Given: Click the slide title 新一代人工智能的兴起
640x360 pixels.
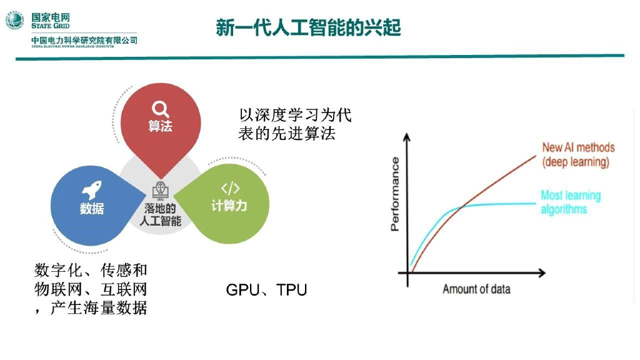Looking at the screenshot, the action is [308, 27].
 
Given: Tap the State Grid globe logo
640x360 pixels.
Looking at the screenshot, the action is [14, 20].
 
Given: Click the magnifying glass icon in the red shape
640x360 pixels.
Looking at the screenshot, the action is [161, 108].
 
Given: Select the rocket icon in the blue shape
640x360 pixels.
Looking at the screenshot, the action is [92, 190].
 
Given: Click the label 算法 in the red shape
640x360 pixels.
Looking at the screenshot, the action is [161, 126].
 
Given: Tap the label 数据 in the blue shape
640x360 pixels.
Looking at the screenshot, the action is [92, 209].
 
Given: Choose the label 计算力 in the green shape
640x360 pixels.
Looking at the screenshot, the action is [229, 206].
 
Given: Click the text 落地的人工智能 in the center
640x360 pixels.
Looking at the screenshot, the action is [161, 214].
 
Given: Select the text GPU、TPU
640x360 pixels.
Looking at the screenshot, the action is [266, 290].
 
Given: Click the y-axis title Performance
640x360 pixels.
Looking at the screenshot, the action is [395, 194].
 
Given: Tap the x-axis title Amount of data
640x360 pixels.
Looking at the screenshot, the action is [476, 289].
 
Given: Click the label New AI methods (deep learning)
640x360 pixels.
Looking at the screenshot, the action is [577, 155].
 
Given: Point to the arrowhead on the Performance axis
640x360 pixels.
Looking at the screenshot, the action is [408, 137].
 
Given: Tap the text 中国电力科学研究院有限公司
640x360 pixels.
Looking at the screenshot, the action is [84, 41].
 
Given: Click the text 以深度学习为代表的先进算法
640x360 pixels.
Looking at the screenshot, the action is [296, 124].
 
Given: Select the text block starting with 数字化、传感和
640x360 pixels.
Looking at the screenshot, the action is [91, 289].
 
